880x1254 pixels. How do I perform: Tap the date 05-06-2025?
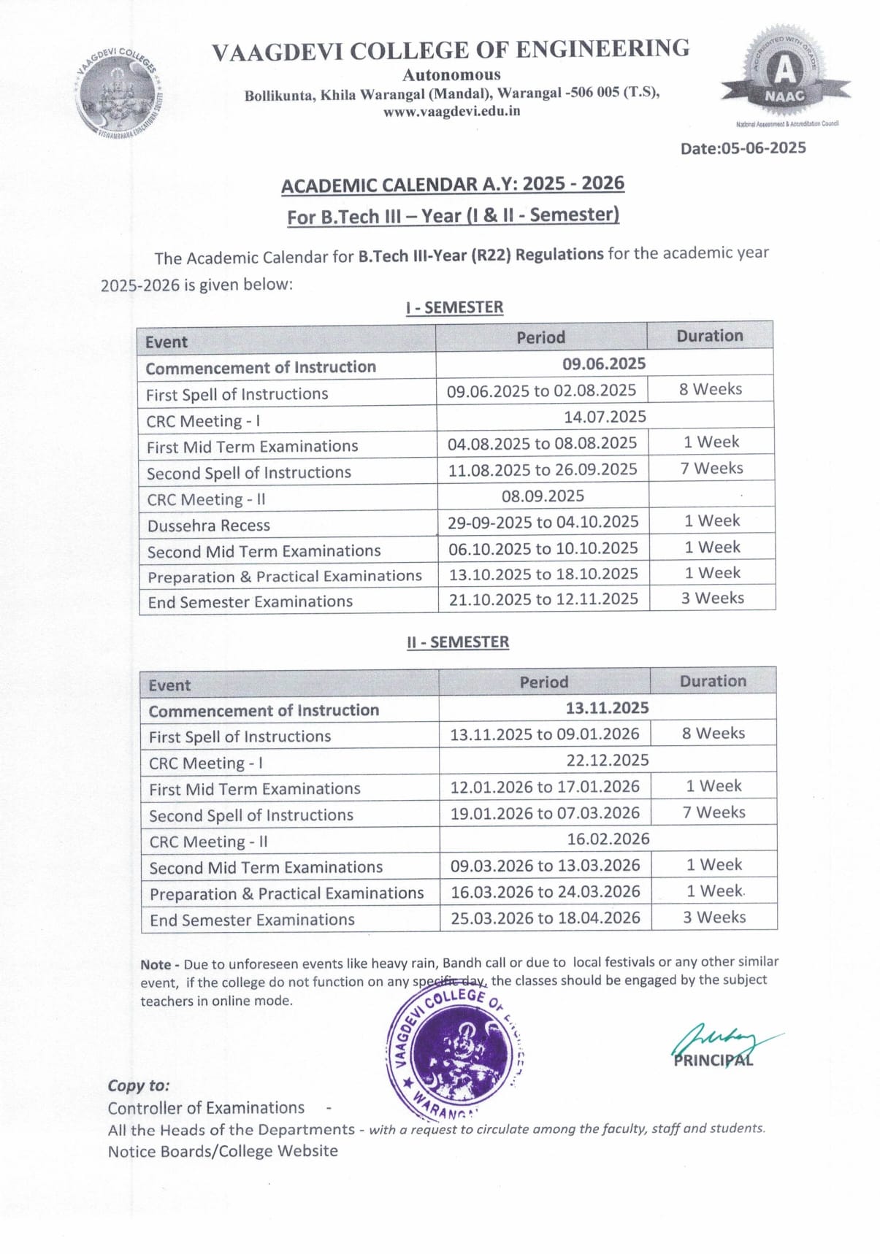[x=743, y=148]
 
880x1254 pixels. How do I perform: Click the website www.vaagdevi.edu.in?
[x=451, y=112]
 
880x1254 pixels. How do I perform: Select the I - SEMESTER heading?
[x=454, y=307]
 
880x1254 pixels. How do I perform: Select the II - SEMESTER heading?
[x=458, y=642]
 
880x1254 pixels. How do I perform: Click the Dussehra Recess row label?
[x=209, y=526]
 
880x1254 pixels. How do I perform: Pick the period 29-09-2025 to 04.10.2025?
[x=543, y=522]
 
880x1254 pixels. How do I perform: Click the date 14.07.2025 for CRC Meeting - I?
[x=605, y=417]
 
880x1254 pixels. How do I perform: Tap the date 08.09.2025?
[x=543, y=496]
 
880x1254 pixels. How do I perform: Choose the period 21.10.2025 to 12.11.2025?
[x=543, y=599]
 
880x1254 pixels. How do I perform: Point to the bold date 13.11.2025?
[x=607, y=707]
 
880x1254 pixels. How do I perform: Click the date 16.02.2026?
[x=608, y=839]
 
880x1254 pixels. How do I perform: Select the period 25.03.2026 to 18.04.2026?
[x=545, y=918]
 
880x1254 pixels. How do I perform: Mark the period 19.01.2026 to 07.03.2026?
[x=545, y=812]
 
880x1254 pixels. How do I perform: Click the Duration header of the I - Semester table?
[x=709, y=336]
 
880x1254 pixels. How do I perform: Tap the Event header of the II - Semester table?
[x=169, y=685]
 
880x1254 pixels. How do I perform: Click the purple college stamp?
[x=454, y=1052]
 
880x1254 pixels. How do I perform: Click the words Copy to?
[x=139, y=1085]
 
